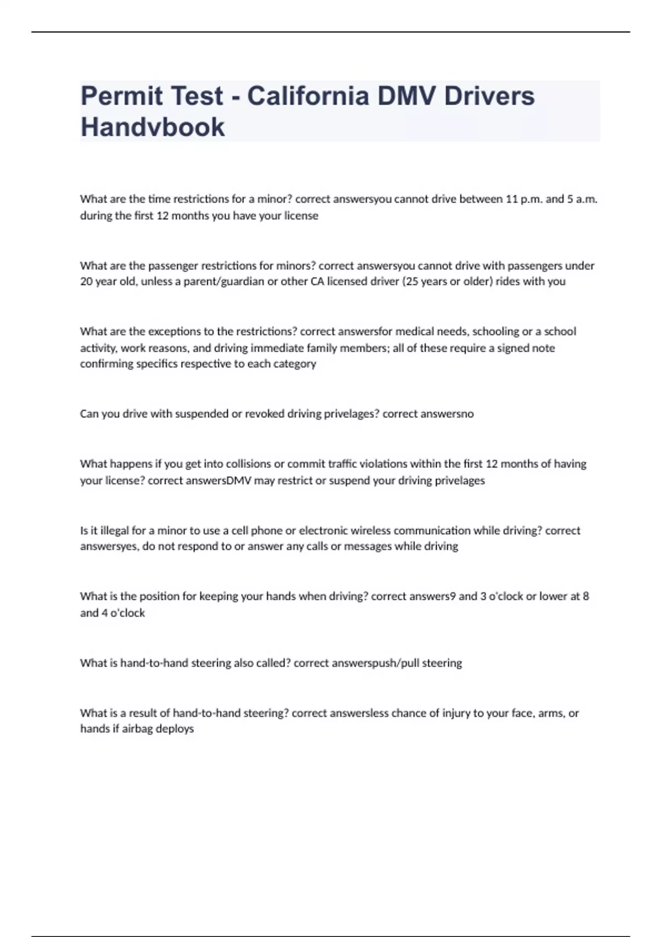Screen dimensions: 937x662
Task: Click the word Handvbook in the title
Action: [153, 127]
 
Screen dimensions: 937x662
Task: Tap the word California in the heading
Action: [308, 96]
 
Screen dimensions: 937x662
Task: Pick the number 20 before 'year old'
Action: [86, 282]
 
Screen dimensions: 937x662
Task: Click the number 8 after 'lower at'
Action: [586, 596]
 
